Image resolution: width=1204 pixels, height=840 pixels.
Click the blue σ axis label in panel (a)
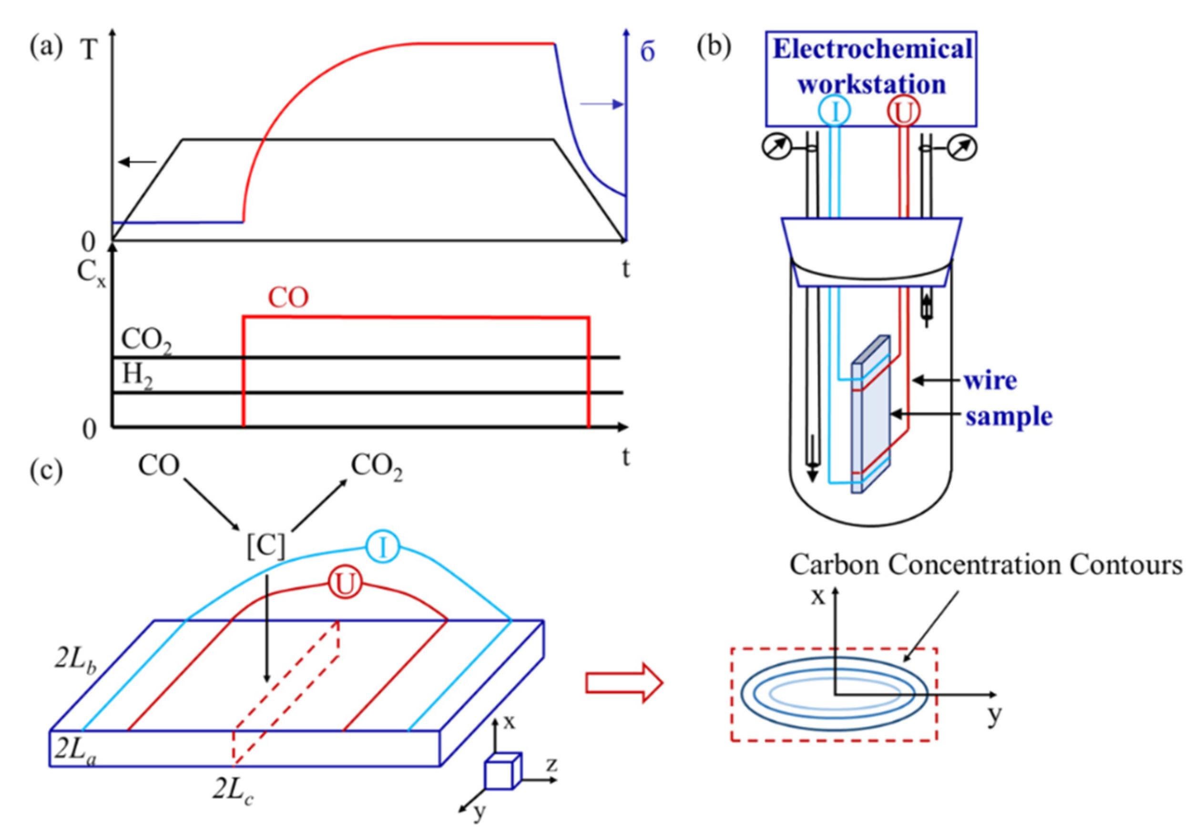coord(648,53)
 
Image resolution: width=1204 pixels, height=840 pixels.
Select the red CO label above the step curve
coord(288,298)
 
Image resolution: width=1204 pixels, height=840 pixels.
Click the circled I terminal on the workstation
coord(834,111)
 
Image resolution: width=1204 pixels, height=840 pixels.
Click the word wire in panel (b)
coord(990,380)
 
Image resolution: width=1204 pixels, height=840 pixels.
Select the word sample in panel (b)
coord(1009,417)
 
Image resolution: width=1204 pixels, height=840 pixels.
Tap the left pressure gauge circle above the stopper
coord(776,148)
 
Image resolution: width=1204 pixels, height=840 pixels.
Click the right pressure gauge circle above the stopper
coord(963,148)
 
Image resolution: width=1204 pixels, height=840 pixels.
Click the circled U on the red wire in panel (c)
coord(345,583)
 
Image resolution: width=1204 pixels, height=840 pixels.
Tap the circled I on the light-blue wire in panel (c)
coord(383,547)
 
